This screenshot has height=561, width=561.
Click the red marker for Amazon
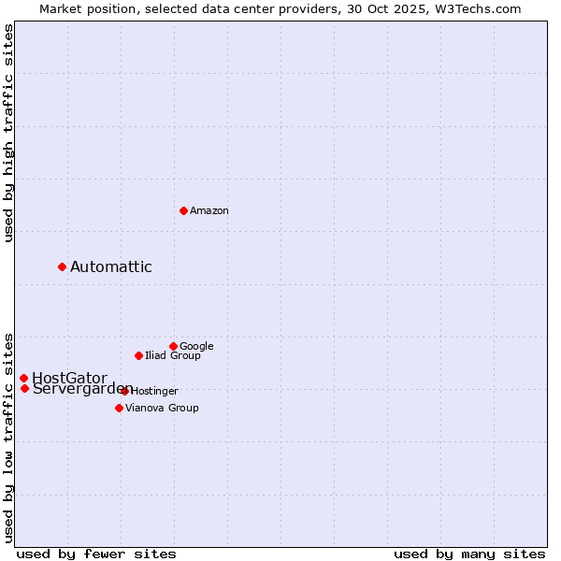click(x=183, y=210)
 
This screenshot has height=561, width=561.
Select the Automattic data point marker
click(x=62, y=266)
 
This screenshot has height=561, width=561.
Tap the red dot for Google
click(x=173, y=346)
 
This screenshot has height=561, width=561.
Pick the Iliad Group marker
click(x=138, y=355)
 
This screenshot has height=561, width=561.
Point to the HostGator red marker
click(x=23, y=378)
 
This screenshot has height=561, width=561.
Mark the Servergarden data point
click(x=24, y=388)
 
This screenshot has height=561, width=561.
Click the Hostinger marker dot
click(x=124, y=391)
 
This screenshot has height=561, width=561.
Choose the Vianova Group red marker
click(x=119, y=408)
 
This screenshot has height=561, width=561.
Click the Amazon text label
click(x=209, y=211)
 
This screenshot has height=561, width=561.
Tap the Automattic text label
click(x=111, y=267)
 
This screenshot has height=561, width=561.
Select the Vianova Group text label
click(x=162, y=409)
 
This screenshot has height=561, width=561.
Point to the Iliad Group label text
click(x=173, y=356)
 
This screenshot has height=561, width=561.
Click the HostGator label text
click(x=69, y=378)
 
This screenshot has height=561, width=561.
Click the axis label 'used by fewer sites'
click(x=96, y=554)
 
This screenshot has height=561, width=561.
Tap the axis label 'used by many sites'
click(x=469, y=554)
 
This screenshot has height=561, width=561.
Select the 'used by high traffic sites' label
click(x=8, y=133)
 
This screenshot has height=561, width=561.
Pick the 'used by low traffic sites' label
click(x=8, y=437)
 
